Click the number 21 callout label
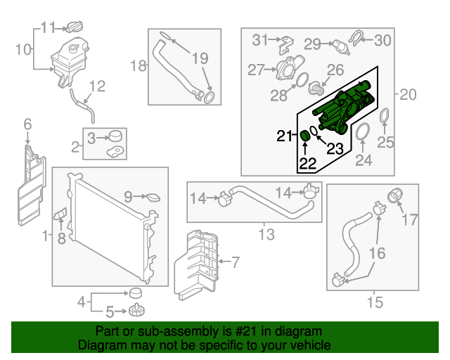click(283, 136)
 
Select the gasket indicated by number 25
click(386, 117)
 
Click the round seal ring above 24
click(363, 131)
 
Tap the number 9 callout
click(128, 198)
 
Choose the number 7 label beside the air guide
click(235, 263)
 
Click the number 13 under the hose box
click(266, 235)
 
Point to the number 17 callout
click(409, 220)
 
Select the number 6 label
click(28, 124)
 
